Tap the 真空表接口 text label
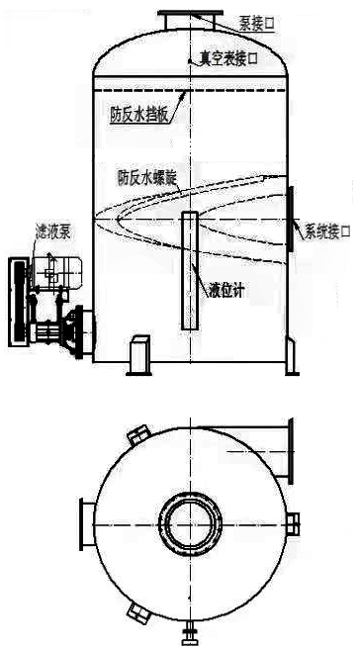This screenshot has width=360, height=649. (227, 60)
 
